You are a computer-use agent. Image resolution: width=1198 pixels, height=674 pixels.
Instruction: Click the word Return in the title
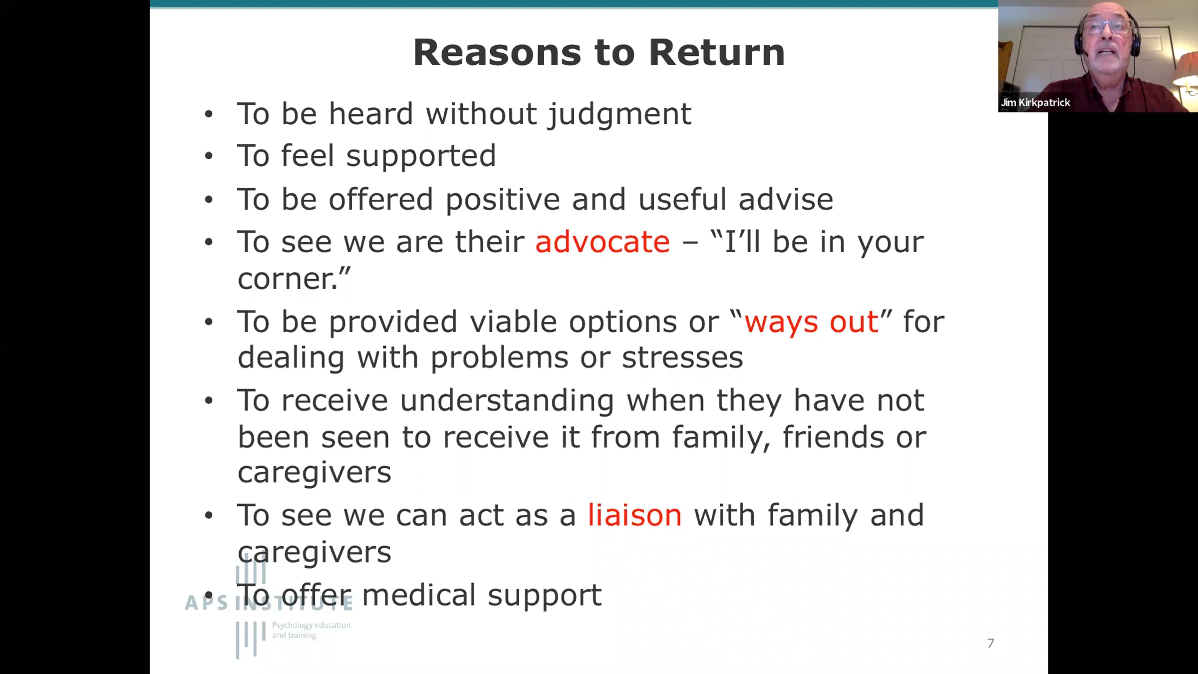coord(717,52)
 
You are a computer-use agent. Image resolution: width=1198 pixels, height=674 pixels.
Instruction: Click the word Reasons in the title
coord(497,52)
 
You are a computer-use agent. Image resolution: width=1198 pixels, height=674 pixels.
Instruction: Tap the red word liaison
coord(634,515)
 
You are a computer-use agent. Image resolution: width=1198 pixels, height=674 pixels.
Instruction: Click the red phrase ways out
coord(811,322)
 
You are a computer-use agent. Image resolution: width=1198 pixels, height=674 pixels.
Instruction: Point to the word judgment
coord(620,115)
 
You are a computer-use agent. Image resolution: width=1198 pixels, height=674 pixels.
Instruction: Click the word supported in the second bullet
coord(421,157)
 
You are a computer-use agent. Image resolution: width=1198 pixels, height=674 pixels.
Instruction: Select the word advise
coord(786,199)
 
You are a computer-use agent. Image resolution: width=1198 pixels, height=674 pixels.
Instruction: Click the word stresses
coord(682,357)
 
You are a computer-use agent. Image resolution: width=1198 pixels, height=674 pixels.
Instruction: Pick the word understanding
coord(507,401)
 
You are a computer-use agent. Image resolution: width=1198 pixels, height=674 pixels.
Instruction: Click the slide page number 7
coord(991,643)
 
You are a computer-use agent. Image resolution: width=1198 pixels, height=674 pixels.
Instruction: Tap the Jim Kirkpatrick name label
coord(1035,102)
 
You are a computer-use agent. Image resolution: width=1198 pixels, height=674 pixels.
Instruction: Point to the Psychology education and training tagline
coord(311,630)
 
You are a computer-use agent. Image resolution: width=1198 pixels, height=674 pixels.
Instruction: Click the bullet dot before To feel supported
coord(209,156)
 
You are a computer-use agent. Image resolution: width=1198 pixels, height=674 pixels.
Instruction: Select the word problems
coord(499,358)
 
